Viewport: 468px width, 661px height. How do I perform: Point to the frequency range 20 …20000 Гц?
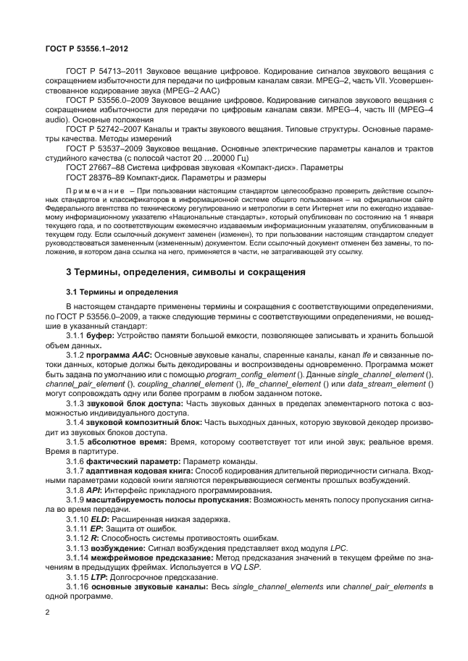click(x=228, y=157)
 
